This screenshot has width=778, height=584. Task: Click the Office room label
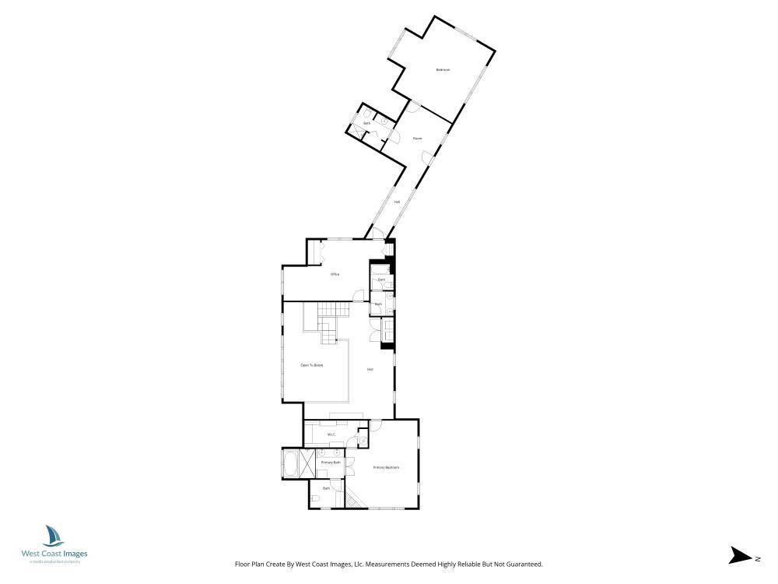coord(335,274)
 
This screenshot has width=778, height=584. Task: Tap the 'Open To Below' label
coord(311,365)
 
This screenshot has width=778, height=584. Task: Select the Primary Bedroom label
coord(386,467)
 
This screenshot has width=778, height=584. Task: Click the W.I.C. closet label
coord(331,434)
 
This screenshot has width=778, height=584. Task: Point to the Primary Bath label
coord(331,463)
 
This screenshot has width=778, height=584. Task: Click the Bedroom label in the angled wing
coord(443,71)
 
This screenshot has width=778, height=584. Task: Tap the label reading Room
coord(417,139)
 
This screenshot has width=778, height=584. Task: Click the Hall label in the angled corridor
coord(397,202)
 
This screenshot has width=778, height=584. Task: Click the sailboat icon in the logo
coord(54,537)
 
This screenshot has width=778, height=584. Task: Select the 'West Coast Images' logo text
coord(54,554)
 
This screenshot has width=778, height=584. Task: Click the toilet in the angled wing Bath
coord(367,114)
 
